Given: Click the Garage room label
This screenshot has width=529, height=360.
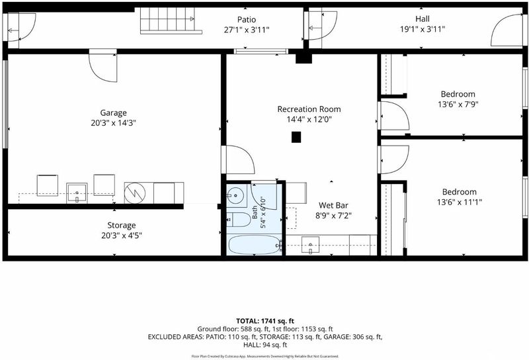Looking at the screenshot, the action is point(113,112).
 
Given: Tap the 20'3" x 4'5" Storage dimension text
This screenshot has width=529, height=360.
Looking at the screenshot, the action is point(122,236).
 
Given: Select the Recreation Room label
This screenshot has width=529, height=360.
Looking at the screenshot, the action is point(309,109).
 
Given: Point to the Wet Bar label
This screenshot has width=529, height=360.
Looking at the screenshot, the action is point(333,205).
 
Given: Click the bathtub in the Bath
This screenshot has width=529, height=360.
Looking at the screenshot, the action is point(254,245).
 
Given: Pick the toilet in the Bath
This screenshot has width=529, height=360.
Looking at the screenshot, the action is point(239,220).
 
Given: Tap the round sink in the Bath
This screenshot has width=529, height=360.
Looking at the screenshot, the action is point(237,195).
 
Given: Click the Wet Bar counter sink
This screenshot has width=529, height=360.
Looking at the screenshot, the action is point(310,245).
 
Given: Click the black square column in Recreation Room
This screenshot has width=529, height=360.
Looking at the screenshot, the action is point(296,137).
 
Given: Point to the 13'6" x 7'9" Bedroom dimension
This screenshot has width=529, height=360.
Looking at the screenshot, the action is point(458,105).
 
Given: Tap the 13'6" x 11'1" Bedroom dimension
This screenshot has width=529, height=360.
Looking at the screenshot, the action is point(459,202).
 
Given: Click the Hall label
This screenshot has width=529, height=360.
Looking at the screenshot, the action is point(423,19).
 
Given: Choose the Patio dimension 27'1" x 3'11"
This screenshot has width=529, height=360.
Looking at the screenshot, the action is point(247,30).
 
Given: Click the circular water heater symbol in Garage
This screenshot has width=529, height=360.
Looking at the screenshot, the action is point(135,193).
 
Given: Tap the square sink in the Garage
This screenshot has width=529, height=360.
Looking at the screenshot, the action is point(77,193).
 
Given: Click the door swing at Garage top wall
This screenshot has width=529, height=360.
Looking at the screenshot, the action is point(103,67).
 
